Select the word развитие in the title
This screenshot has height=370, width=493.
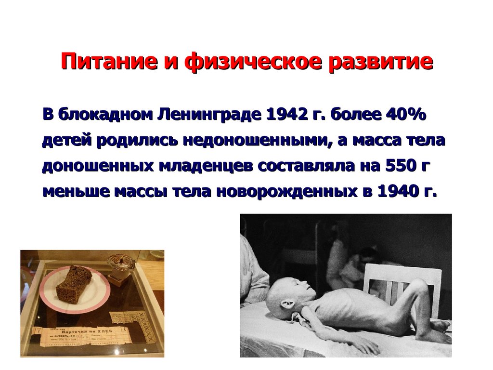tap(380, 63)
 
